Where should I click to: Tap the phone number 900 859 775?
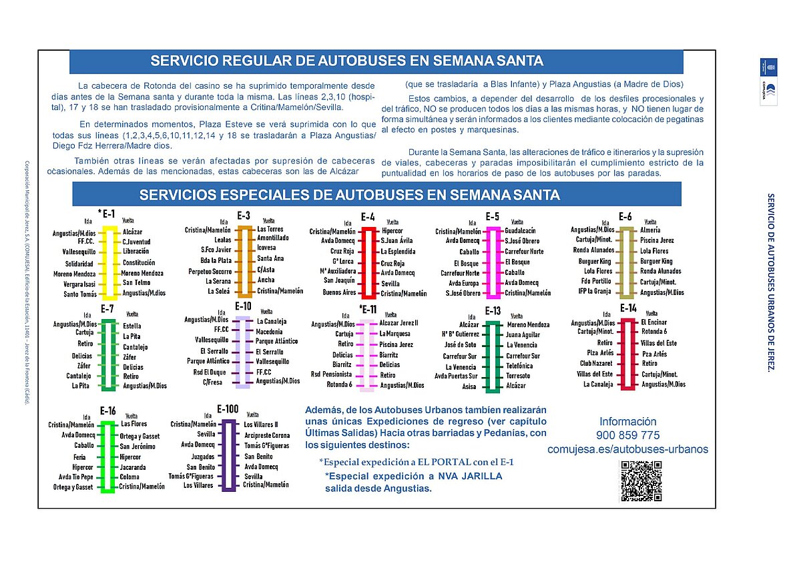coord(627,435)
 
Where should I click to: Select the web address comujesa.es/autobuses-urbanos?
coord(627,449)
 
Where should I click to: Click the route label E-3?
coord(244,216)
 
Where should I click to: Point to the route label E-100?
coord(228,408)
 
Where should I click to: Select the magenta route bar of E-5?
coord(493,262)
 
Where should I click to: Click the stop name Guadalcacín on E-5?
coord(520,230)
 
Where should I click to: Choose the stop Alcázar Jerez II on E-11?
coord(398,323)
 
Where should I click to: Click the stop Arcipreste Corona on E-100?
coord(267,435)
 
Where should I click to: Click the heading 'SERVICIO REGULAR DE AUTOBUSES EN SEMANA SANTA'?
coord(347,61)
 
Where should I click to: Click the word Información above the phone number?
coord(627,422)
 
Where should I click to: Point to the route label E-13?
coord(493,310)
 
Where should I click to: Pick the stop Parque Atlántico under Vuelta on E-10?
coord(276,341)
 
